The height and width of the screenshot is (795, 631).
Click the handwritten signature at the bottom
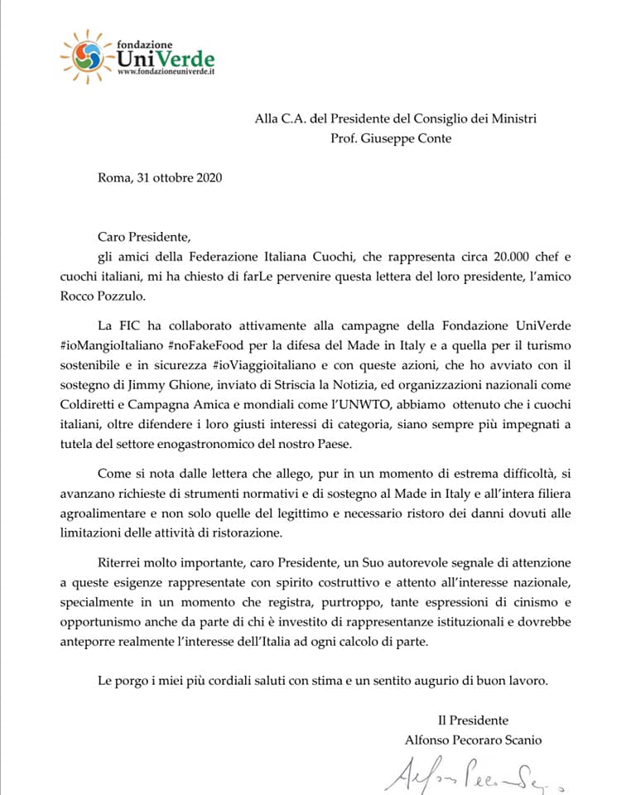point(472,774)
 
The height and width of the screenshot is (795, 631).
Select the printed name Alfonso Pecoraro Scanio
point(473,740)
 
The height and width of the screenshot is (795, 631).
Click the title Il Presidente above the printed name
point(473,720)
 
